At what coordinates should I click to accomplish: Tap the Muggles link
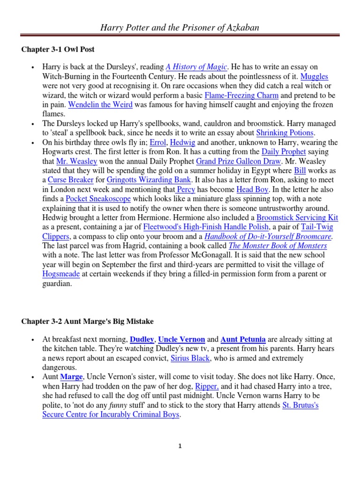314,76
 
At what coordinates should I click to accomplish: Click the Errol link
157,142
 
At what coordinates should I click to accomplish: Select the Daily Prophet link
284,151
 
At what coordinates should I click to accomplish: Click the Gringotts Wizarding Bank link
149,180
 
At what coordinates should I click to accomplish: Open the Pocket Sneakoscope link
93,198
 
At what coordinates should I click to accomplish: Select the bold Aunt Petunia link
243,339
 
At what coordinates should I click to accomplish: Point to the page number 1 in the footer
180,447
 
